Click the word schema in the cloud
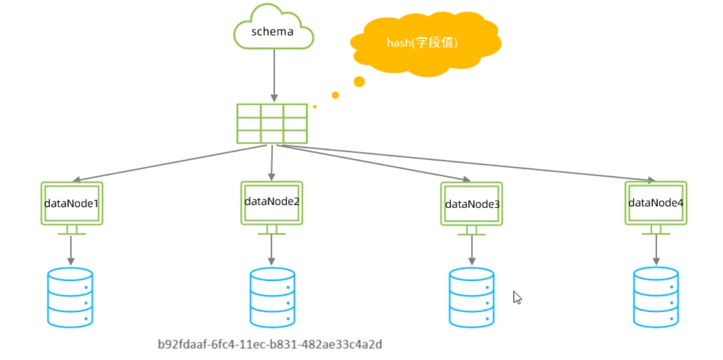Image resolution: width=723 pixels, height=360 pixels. click(272, 32)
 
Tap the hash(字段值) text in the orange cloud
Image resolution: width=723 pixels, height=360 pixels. click(422, 43)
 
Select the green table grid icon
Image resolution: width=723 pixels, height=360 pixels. click(272, 124)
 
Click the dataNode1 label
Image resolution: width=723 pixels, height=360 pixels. click(71, 203)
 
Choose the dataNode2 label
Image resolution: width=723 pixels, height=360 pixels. click(272, 202)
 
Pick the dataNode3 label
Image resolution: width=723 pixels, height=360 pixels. click(472, 204)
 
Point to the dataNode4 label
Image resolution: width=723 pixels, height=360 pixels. click(655, 203)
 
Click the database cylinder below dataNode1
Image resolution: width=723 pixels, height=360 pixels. click(70, 297)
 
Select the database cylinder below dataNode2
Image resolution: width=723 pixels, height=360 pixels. click(272, 297)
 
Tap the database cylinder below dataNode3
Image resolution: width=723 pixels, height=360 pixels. click(472, 297)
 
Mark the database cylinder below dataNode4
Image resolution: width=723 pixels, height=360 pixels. click(656, 297)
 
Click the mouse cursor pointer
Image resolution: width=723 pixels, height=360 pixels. click(517, 297)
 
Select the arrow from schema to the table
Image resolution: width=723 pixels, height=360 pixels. click(274, 75)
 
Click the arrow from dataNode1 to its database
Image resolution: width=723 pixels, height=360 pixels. click(71, 251)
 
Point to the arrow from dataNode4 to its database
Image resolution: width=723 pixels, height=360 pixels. click(656, 250)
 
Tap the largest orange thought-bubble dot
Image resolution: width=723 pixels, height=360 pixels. click(359, 82)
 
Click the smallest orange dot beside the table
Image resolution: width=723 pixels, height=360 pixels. click(315, 107)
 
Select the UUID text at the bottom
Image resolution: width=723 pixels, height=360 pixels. click(270, 345)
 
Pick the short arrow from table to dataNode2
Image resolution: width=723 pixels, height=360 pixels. click(272, 163)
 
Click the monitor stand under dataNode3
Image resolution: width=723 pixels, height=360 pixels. click(472, 231)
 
